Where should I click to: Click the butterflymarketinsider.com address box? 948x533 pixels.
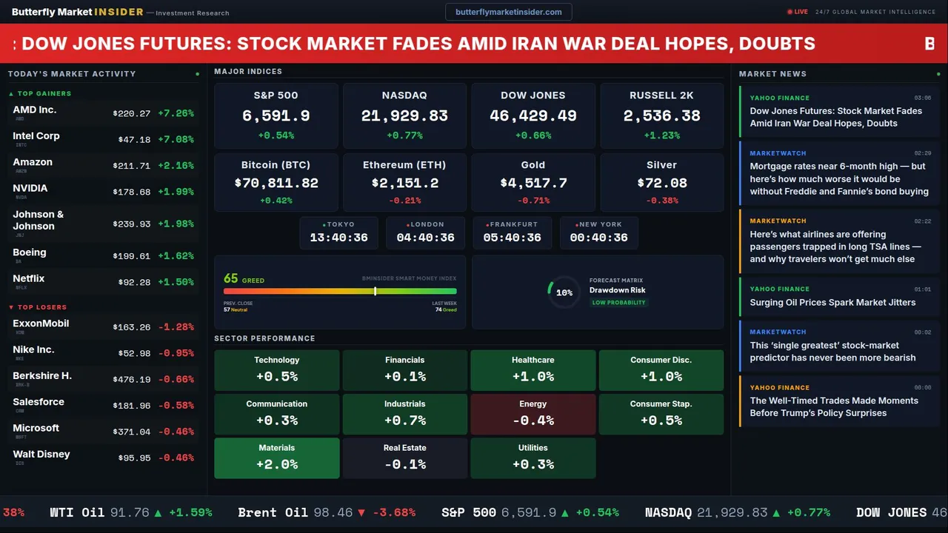coord(509,12)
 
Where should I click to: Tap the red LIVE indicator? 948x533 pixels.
coord(798,12)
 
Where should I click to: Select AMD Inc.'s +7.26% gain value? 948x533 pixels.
coord(176,113)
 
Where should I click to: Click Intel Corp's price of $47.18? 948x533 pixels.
coord(134,139)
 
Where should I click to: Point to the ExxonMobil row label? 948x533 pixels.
coord(41,324)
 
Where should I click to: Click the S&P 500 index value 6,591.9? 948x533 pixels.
coord(276,115)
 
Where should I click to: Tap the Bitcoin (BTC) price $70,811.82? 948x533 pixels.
coord(276,183)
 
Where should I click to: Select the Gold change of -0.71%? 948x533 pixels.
coord(533,201)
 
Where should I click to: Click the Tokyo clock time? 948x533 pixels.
coord(338,238)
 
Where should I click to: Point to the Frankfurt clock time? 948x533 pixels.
coord(512,238)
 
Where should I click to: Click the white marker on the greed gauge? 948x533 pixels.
coord(375,291)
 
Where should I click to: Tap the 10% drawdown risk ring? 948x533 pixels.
coord(564,292)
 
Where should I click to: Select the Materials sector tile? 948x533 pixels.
coord(277,457)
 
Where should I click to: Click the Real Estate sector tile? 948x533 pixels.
coord(405,457)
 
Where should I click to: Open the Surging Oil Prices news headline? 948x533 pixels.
coord(832,302)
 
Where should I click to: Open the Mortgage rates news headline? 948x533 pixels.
coord(838,178)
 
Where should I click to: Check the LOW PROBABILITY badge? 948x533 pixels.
coord(618,303)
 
